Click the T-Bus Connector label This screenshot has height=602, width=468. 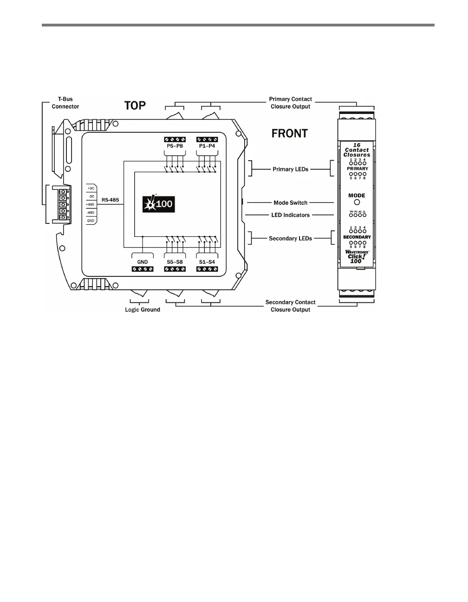point(65,103)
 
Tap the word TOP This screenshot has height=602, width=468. point(135,106)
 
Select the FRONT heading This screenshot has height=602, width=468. point(289,134)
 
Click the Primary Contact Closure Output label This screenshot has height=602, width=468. point(290,103)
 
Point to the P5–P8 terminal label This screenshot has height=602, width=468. point(175,146)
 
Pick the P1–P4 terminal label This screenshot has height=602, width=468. point(207,146)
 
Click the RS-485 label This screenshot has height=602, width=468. point(110,200)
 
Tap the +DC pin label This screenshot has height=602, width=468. point(91,189)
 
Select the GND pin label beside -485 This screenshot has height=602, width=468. point(91,221)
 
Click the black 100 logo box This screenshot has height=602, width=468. point(158,203)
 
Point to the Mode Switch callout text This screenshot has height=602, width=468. point(290,203)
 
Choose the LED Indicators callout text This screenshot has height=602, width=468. point(290,215)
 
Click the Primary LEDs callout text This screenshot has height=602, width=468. point(290,170)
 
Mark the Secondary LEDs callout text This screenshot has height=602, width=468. point(290,239)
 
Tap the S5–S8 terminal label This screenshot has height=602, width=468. point(175,262)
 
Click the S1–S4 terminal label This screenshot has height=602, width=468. point(207,262)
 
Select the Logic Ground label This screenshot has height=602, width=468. point(143,310)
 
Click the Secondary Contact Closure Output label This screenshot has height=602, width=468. point(290,306)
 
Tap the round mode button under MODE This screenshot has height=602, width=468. point(357,203)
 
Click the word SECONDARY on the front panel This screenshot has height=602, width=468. point(357,237)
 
